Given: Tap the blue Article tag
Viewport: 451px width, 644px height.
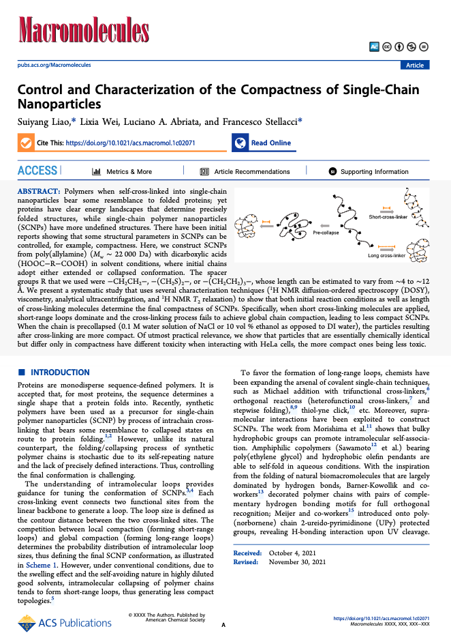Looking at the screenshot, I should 414,65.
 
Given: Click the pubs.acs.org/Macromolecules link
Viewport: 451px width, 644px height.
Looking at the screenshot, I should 53,65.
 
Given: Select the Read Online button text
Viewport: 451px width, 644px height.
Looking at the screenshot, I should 270,143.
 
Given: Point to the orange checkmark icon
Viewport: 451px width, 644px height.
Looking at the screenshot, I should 25,143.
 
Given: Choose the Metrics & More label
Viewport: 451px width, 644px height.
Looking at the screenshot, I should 129,172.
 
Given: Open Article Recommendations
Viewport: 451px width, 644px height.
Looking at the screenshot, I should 251,172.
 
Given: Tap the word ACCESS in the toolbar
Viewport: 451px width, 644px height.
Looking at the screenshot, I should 37,171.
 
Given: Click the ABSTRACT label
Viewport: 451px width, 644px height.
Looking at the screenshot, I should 38,192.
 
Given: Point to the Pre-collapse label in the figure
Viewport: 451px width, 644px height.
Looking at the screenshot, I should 326,233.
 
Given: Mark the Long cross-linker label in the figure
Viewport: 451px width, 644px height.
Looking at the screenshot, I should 386,256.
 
